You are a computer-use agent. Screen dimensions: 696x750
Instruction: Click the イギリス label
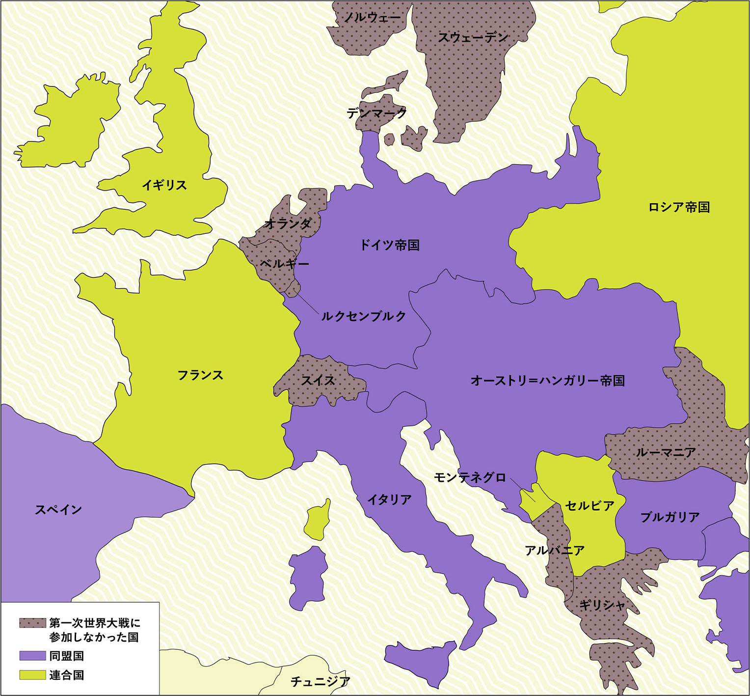coord(164,185)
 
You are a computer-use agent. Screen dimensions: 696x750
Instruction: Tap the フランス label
coord(200,375)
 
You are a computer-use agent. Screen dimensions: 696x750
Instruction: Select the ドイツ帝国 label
coord(390,245)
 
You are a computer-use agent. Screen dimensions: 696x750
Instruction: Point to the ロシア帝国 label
coord(679,207)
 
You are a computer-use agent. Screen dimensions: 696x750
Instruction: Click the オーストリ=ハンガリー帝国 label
coord(547,381)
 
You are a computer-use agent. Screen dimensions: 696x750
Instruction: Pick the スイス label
coord(318,380)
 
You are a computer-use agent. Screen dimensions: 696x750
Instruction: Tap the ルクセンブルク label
coord(364,316)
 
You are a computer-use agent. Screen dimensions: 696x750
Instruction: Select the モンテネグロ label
coord(470,477)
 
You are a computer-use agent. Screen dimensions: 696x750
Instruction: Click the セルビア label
coord(589,505)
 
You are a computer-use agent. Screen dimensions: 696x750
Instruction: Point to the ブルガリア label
coord(670,517)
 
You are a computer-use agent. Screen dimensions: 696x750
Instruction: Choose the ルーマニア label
coord(666,452)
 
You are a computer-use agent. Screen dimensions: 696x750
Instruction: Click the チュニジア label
coord(321,681)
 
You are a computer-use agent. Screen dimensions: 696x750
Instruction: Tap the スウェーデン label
coord(473,37)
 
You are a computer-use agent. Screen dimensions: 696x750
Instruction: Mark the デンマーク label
coord(376,113)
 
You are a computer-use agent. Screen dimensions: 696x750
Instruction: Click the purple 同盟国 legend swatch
coord(32,656)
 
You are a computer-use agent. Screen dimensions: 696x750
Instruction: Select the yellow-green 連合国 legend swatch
coord(32,675)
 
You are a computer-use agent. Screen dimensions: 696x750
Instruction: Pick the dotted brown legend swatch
coord(32,623)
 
